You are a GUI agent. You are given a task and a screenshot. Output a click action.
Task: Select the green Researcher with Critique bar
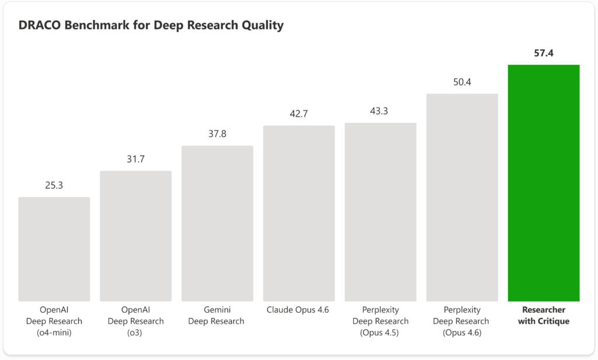[x=543, y=183]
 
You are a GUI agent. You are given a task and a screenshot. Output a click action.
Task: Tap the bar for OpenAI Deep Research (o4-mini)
[x=54, y=249]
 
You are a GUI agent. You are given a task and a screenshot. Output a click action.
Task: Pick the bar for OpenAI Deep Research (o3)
[x=135, y=236]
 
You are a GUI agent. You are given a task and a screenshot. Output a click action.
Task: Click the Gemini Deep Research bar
[x=217, y=223]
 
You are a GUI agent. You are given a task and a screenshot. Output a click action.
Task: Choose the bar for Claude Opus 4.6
[x=298, y=213]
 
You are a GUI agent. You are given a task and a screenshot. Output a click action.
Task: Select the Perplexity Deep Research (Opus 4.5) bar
[x=380, y=212]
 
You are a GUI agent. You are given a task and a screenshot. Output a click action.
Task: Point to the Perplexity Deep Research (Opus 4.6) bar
[x=462, y=198]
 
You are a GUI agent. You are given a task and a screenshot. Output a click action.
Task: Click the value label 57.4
[x=543, y=53]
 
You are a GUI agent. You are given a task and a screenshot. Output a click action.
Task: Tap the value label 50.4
[x=462, y=82]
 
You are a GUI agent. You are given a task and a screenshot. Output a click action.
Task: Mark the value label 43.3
[x=380, y=111]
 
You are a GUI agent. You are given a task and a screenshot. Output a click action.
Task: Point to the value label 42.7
[x=298, y=114]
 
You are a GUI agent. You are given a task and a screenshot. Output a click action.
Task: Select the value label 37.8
[x=217, y=134]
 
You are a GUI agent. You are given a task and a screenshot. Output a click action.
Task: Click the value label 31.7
[x=135, y=159]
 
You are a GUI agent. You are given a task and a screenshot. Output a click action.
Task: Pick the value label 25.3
[x=54, y=185]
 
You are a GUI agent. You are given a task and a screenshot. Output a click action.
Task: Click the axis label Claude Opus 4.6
[x=298, y=310]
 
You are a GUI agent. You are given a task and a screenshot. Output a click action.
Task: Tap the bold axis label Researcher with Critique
[x=543, y=316]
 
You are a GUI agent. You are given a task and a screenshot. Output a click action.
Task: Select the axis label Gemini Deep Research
[x=217, y=316]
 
